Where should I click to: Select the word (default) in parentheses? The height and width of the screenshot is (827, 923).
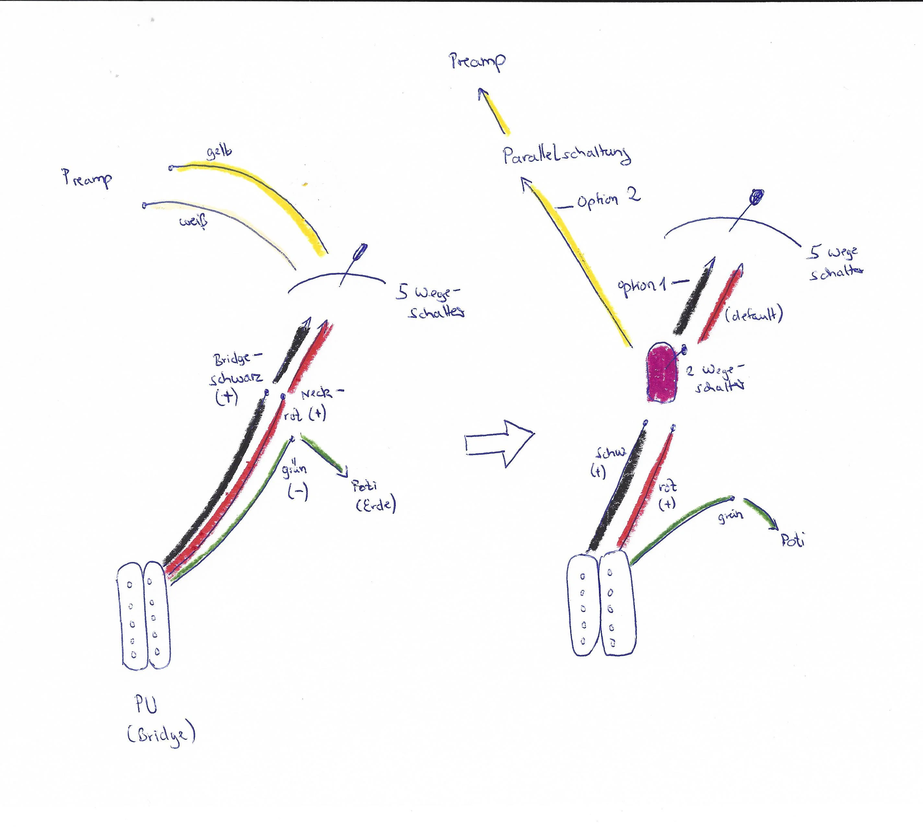(754, 315)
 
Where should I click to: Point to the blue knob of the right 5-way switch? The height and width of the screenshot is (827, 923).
(757, 196)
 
